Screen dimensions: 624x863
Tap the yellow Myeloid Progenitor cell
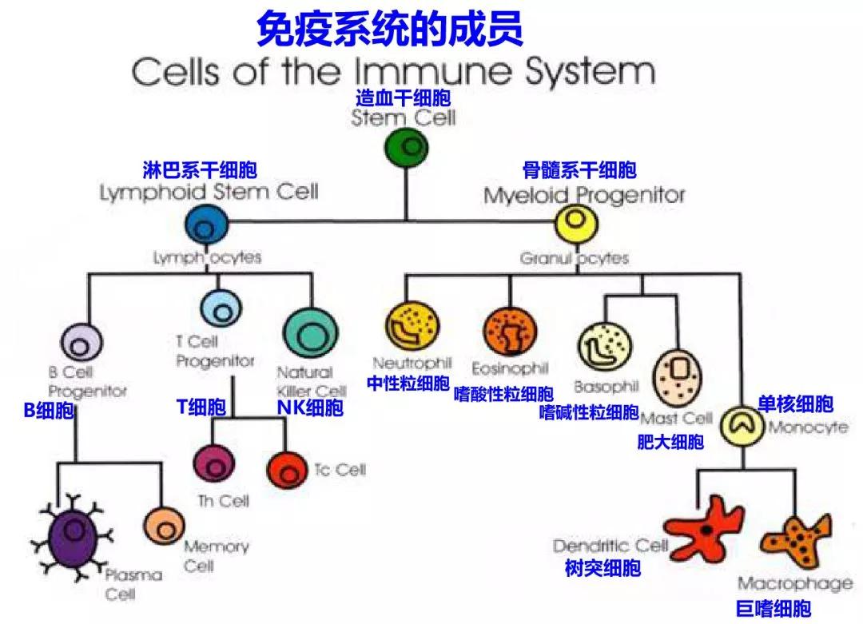click(x=577, y=223)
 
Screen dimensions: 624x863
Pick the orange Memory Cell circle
click(x=165, y=526)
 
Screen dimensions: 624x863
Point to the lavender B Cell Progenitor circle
click(x=80, y=344)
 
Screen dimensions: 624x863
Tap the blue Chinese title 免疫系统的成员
click(x=390, y=29)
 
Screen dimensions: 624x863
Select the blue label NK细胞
click(x=310, y=408)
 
